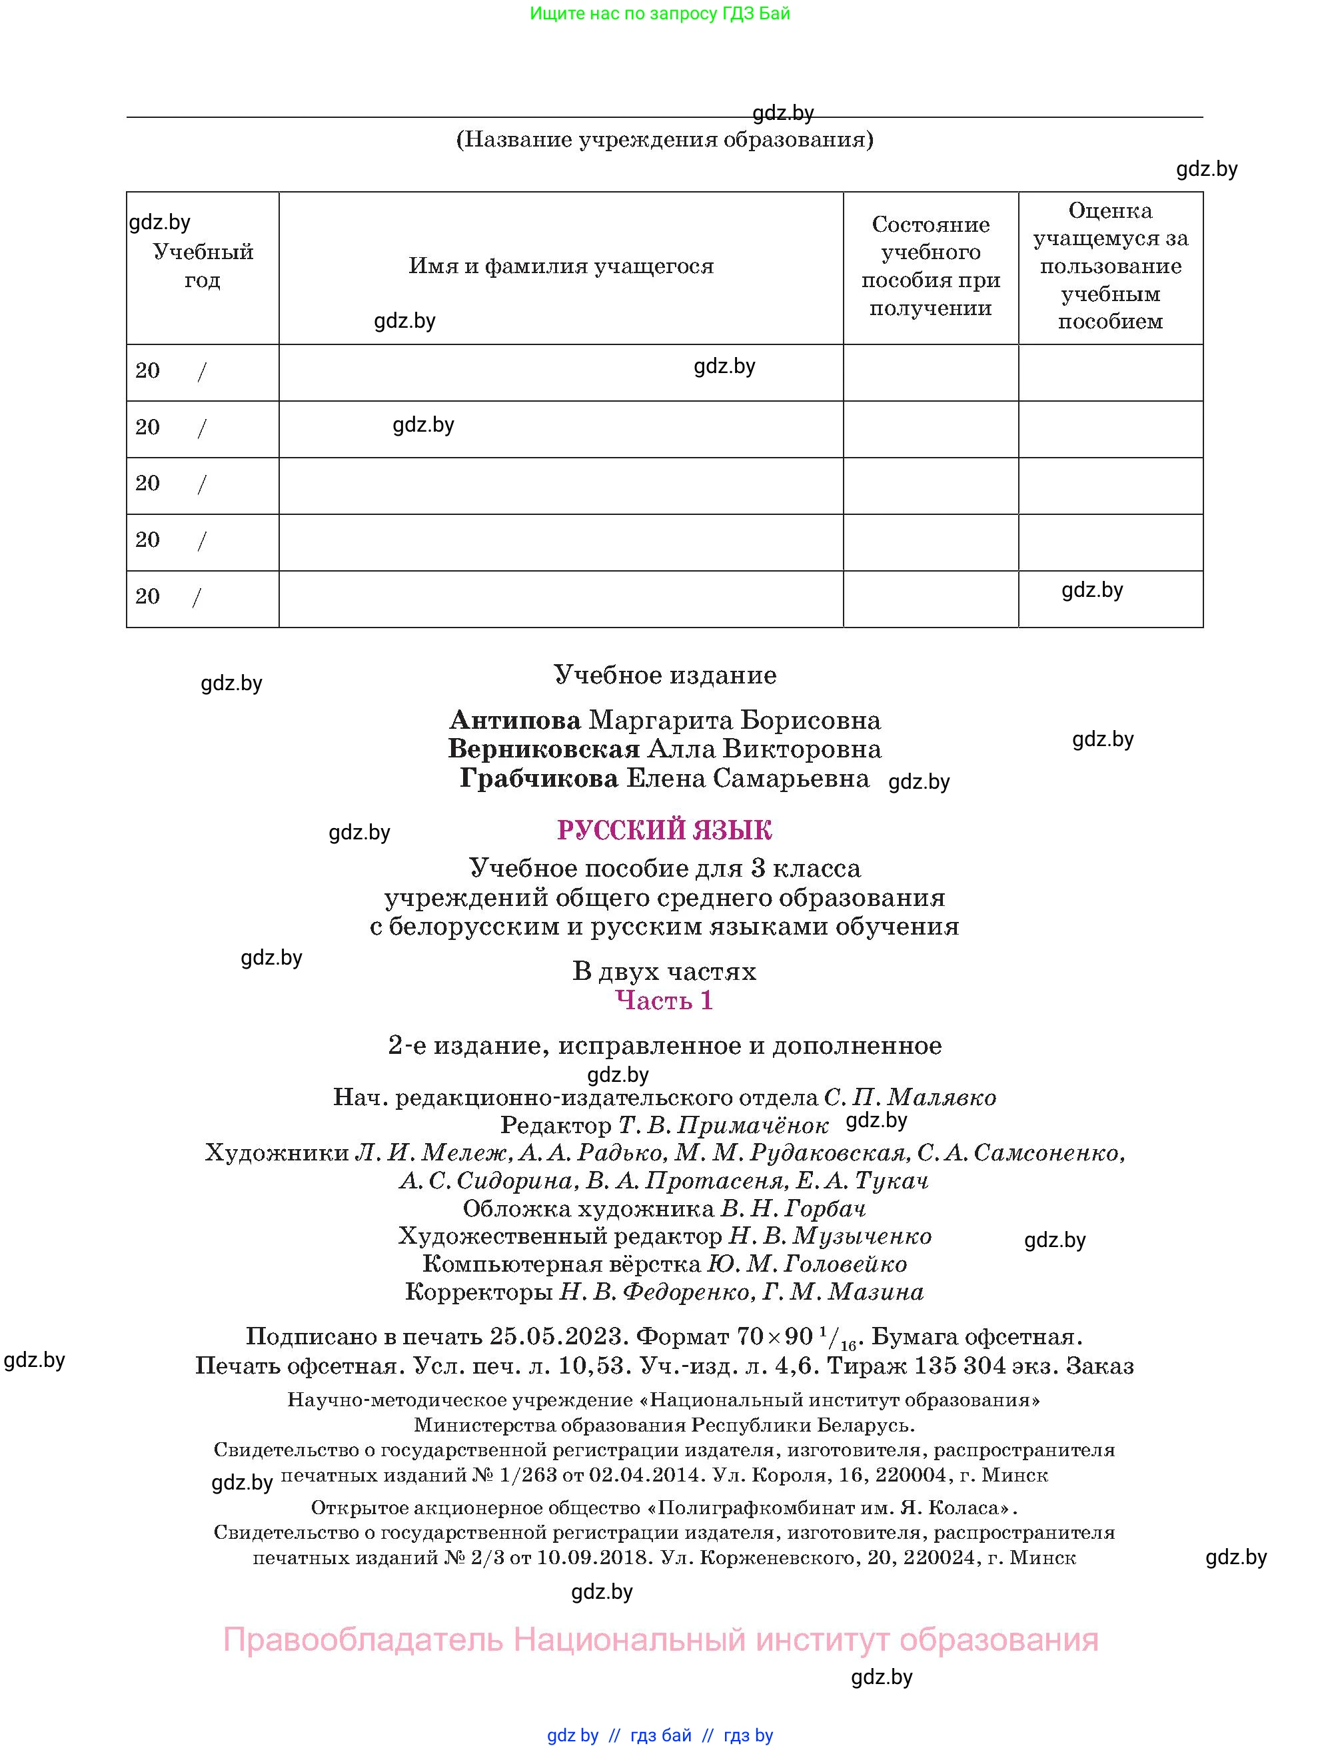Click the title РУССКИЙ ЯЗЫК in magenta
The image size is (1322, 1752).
[x=664, y=830]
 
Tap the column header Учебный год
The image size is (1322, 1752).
[x=203, y=266]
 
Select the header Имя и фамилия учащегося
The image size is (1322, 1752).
[x=561, y=266]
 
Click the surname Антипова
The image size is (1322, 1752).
[x=515, y=720]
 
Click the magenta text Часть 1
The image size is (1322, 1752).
[x=664, y=1001]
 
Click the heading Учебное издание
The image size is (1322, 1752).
[x=664, y=675]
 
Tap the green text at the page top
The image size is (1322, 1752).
[x=660, y=13]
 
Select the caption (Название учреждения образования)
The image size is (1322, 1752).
[x=664, y=139]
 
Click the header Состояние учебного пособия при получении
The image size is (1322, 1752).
[x=930, y=266]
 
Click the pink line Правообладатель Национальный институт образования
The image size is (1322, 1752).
[x=660, y=1639]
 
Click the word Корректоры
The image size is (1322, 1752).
[x=478, y=1292]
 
